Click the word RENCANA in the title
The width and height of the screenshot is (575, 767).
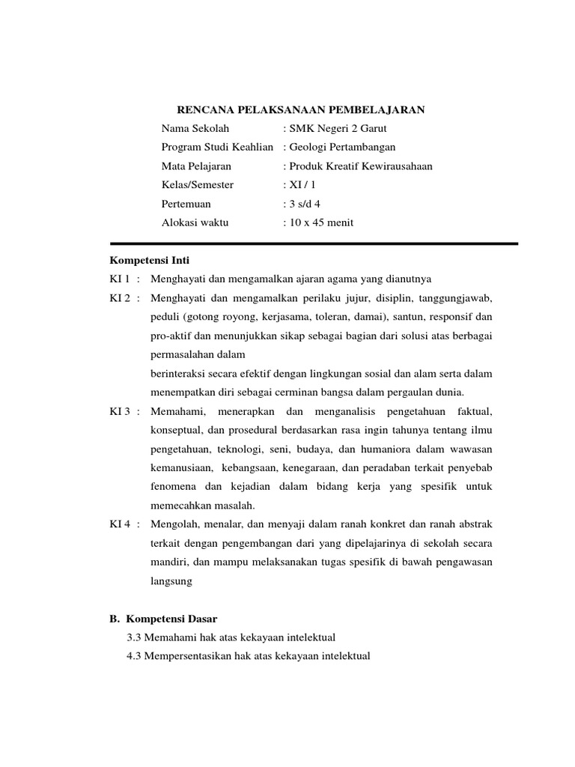(204, 110)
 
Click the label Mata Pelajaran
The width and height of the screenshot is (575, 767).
(196, 166)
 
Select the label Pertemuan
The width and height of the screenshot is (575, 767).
(186, 204)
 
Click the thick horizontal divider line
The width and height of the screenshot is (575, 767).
(314, 243)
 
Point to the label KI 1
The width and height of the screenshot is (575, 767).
(120, 279)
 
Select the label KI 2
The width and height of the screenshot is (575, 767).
(120, 298)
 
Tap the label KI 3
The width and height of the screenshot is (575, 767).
(120, 411)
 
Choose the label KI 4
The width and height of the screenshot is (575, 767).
(120, 524)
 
